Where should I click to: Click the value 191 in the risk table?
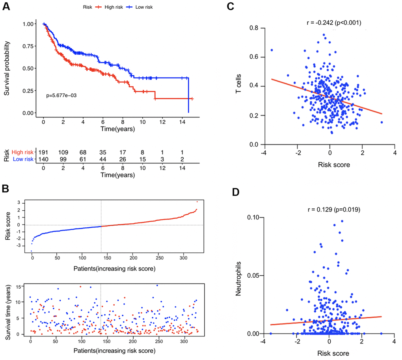[x=43, y=151]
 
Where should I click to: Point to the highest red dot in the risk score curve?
[x=197, y=202]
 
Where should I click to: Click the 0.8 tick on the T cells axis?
[x=254, y=28]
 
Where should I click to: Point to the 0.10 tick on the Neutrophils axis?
[x=253, y=217]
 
